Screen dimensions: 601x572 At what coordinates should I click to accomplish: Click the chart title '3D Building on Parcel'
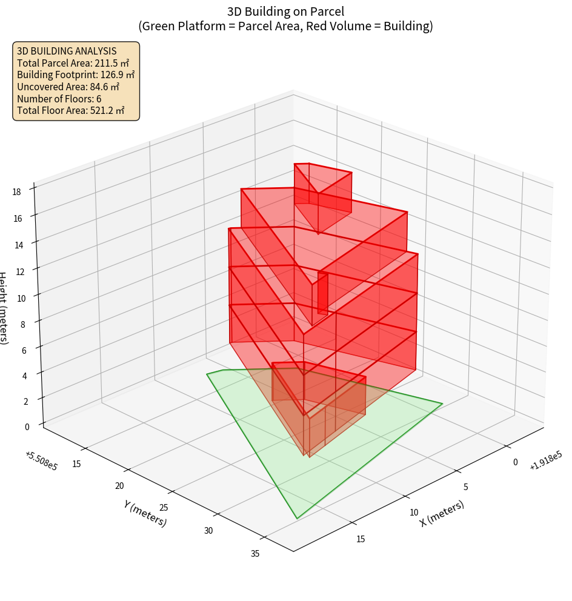pos(285,11)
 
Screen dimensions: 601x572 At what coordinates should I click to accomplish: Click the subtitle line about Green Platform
pos(285,26)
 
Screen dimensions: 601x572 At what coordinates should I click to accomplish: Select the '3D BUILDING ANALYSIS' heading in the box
pos(67,51)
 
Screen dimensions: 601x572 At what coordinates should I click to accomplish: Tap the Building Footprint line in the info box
pos(76,75)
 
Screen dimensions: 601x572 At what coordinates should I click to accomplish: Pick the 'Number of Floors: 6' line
pos(59,98)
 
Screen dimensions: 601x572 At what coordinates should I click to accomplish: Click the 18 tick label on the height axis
pos(16,191)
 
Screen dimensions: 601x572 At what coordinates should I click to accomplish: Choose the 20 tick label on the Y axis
pos(119,486)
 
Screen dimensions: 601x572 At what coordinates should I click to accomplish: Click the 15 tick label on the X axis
pos(361,539)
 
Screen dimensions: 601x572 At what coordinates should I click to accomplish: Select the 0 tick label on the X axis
pos(515,462)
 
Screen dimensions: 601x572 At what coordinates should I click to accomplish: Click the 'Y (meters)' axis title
pos(145,513)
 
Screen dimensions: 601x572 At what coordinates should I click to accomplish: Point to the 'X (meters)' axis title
pos(442,513)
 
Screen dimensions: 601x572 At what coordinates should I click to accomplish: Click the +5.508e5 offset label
pos(41,461)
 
